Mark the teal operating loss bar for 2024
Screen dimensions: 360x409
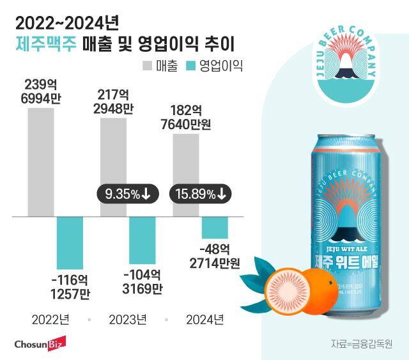[x=215, y=228]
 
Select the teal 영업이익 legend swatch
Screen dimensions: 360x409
[x=189, y=65]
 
